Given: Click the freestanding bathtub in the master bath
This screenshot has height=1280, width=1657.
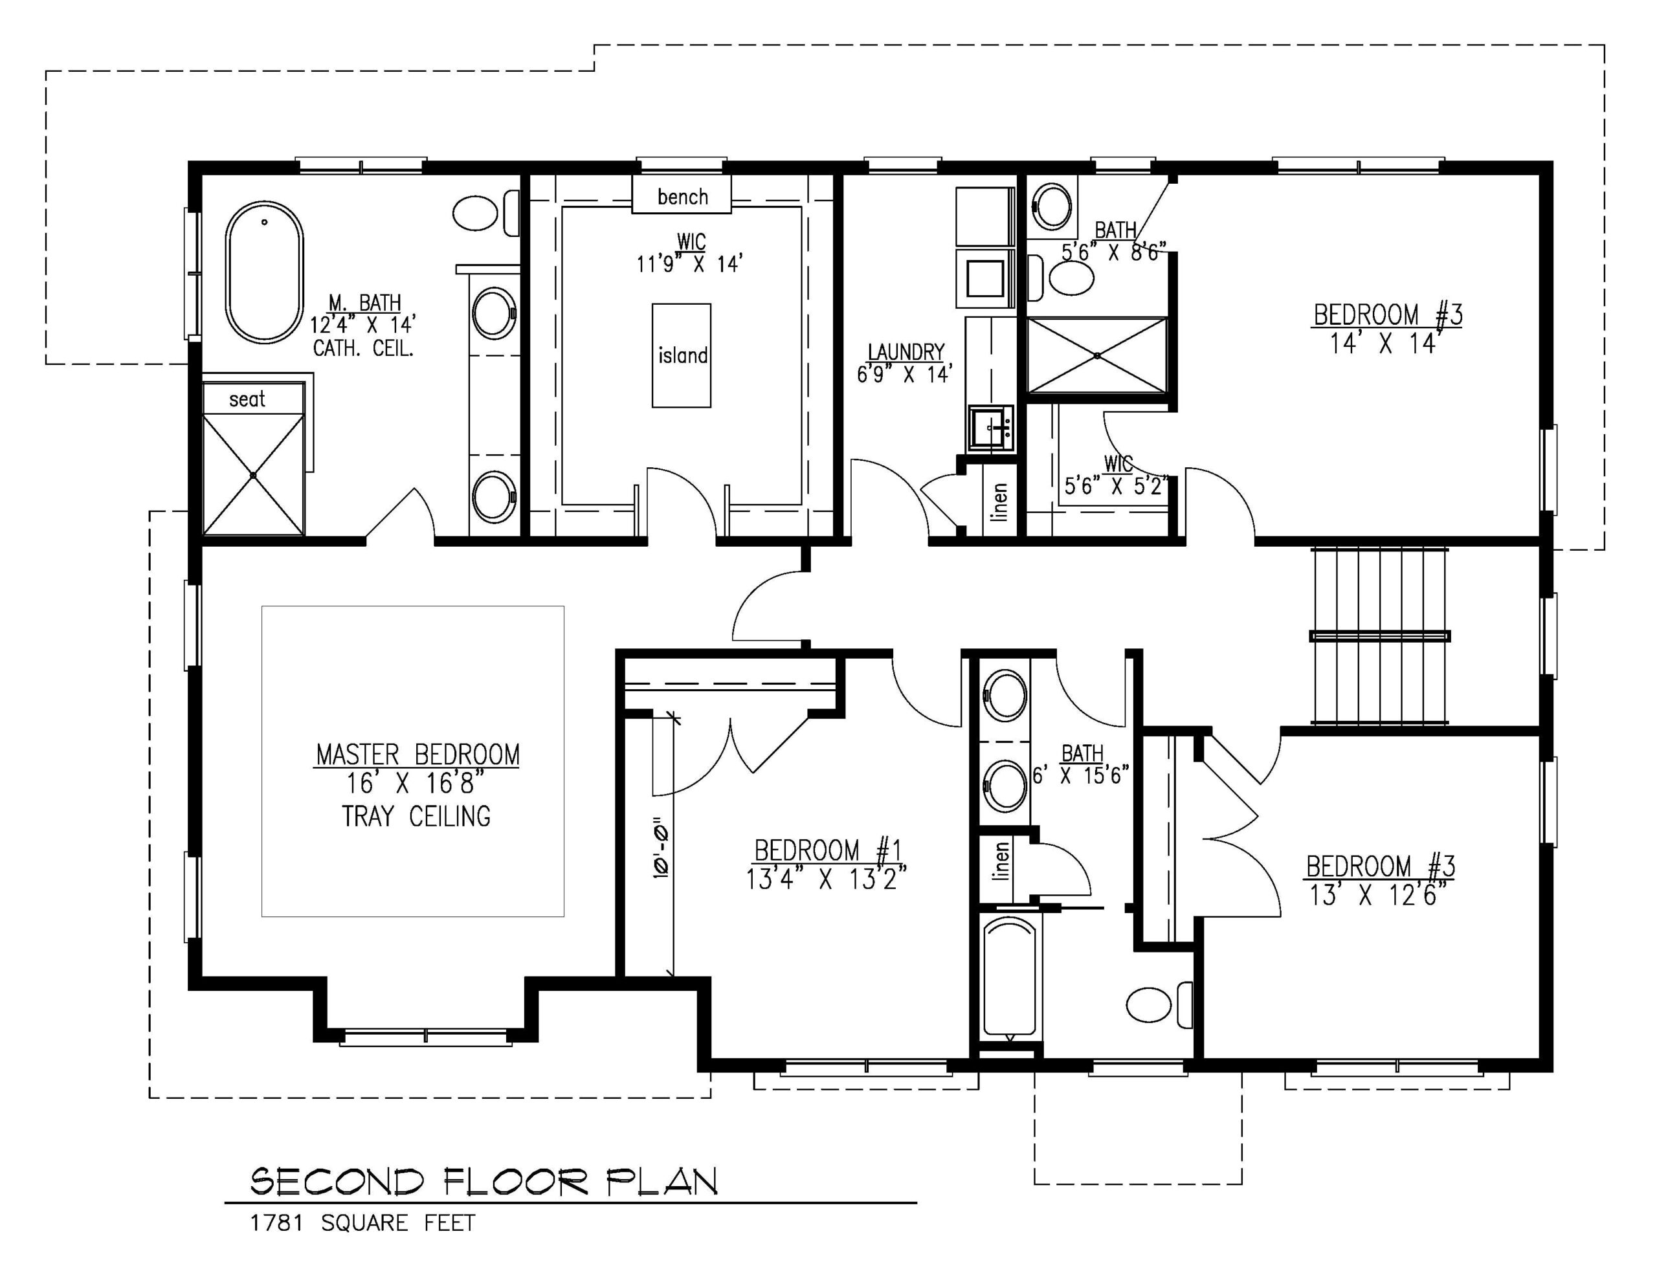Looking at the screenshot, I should tap(264, 272).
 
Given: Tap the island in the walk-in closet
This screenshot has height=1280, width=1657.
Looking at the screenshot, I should tap(682, 355).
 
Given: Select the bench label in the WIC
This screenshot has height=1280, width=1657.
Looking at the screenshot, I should tap(682, 197).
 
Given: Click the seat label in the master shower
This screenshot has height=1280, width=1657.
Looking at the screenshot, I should tap(247, 399).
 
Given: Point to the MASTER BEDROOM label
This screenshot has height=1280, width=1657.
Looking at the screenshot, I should tap(417, 755).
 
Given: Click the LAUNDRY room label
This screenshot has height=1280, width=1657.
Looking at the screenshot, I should tap(906, 352).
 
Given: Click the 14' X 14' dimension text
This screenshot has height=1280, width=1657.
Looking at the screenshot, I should tap(1385, 344).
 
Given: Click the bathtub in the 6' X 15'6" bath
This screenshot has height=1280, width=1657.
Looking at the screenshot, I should tap(1009, 977).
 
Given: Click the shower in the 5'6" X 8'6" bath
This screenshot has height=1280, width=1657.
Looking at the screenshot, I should tap(1097, 355).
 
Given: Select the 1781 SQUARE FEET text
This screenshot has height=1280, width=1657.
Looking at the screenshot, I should tap(362, 1223).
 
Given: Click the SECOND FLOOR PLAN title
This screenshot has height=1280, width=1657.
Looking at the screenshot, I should tap(484, 1182).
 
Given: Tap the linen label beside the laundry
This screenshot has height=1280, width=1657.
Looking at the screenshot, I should tap(1000, 502).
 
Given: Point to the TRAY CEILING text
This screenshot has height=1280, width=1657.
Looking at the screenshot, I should tap(416, 817).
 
